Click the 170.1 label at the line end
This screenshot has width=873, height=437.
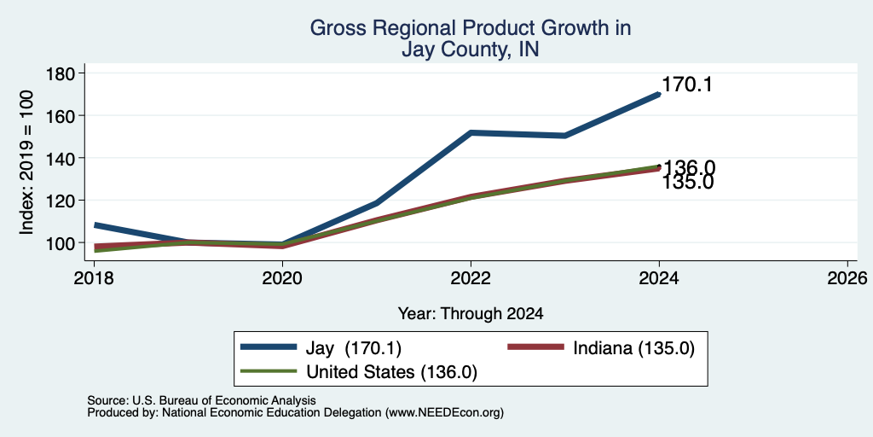click(x=687, y=84)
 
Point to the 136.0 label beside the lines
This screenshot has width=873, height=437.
click(x=689, y=168)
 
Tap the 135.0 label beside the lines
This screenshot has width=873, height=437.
click(x=688, y=182)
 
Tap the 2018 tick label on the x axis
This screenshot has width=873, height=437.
click(x=95, y=277)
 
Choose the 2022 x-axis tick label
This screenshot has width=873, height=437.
click(x=471, y=277)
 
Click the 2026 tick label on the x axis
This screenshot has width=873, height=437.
click(x=847, y=277)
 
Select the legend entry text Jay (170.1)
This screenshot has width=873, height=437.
click(x=354, y=348)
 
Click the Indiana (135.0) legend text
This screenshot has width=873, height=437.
click(x=633, y=348)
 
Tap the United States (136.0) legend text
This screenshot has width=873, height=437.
click(x=391, y=372)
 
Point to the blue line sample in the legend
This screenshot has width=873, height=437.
click(x=269, y=347)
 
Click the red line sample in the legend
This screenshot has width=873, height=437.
click(x=535, y=347)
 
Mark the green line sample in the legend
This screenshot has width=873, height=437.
click(x=269, y=371)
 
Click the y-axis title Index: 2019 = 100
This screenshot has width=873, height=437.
click(x=26, y=163)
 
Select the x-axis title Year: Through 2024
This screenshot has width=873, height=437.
click(x=471, y=314)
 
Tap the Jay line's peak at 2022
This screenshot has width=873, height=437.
click(x=471, y=132)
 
